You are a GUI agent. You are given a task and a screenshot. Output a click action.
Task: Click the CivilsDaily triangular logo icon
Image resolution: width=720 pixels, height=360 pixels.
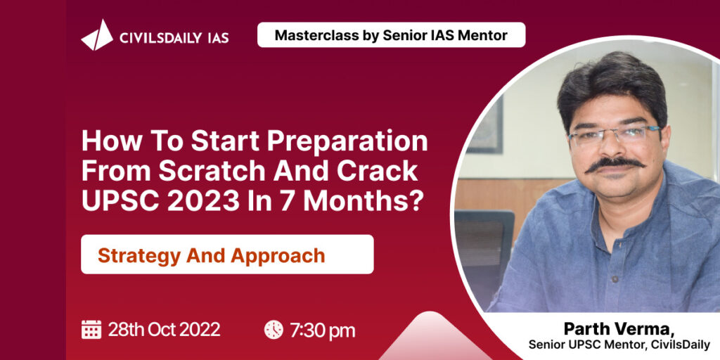97,35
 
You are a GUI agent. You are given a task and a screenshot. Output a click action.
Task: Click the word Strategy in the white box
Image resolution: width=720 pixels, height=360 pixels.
139,256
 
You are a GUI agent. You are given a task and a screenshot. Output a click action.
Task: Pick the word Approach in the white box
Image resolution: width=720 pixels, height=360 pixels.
278,256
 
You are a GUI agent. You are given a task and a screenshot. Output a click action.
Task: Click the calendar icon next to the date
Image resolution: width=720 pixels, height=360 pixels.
91,329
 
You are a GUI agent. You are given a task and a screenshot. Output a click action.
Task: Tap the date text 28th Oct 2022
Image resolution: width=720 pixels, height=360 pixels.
164,329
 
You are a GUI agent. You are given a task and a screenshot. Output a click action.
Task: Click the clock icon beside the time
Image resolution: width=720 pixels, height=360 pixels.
274,330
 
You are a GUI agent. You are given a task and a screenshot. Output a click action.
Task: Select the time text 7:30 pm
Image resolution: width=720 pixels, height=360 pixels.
322,330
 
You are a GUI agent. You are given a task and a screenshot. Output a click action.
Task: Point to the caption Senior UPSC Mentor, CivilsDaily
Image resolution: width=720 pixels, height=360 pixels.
619,345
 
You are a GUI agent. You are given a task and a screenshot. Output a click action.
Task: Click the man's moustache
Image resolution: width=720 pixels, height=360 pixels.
615,163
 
